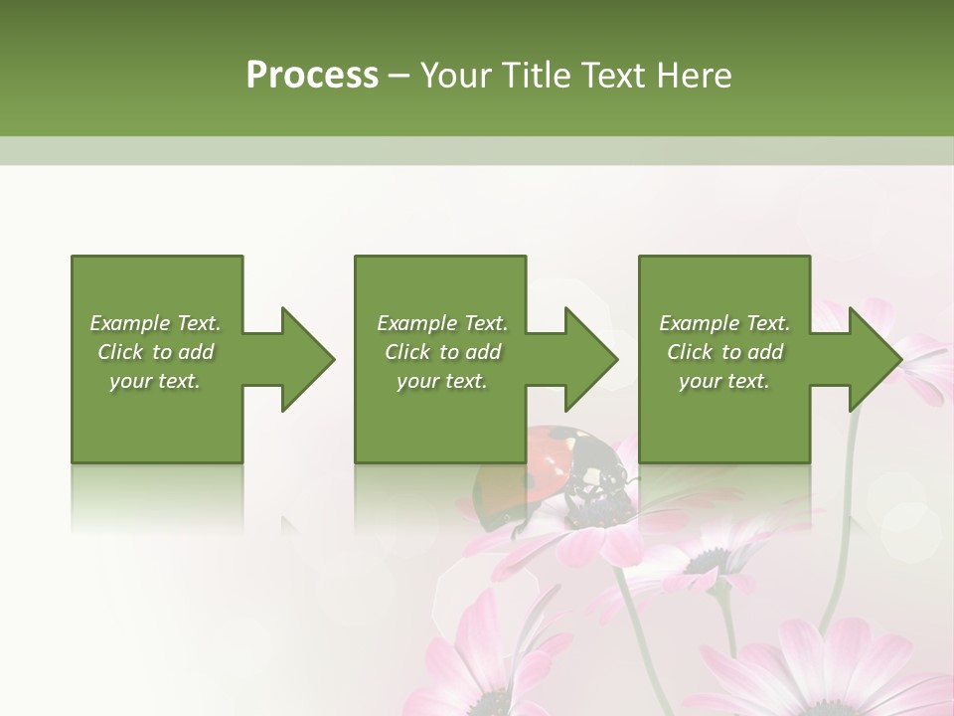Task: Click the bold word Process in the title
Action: [x=312, y=76]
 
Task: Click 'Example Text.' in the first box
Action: [x=155, y=323]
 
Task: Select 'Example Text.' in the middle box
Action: [x=442, y=323]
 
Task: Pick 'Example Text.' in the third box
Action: [x=724, y=323]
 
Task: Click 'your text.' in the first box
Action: [x=155, y=381]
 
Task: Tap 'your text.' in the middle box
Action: [x=442, y=381]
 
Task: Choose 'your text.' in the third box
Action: [x=724, y=381]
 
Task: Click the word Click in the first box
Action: [x=120, y=352]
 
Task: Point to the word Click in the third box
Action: [x=690, y=352]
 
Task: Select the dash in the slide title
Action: [x=399, y=76]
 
